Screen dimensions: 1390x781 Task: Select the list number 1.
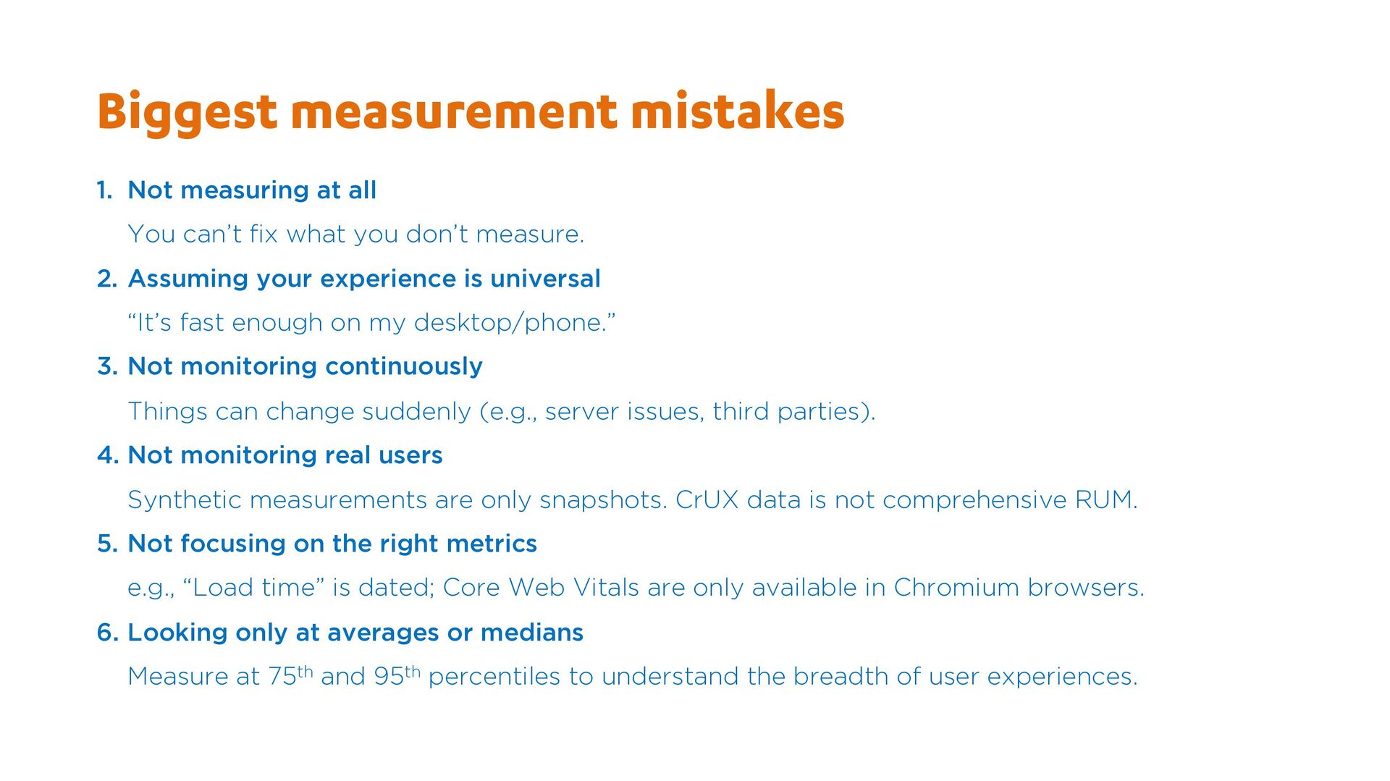(x=104, y=190)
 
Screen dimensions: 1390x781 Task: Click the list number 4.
(x=107, y=455)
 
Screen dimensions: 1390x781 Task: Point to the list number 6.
(x=107, y=633)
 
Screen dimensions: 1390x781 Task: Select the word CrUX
(x=707, y=500)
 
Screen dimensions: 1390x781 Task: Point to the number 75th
(x=290, y=675)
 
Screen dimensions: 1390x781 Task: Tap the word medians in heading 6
(x=532, y=633)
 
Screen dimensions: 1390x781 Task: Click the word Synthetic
(x=185, y=500)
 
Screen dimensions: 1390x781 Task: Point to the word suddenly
(x=416, y=412)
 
